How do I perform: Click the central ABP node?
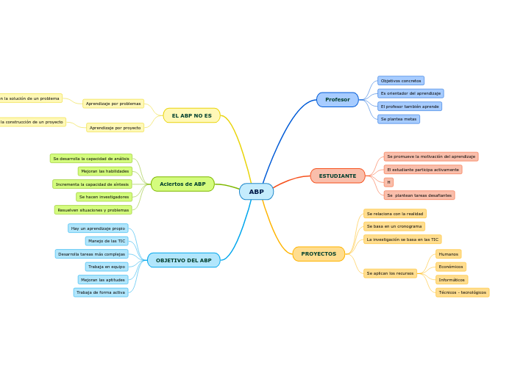[256, 192]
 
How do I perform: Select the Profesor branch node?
[338, 100]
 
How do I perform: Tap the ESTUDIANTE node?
[338, 176]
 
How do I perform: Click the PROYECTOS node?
[319, 254]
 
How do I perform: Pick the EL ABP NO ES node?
[191, 115]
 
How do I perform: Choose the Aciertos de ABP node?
[182, 184]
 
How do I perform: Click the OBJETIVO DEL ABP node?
[183, 261]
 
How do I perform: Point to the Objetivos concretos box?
[401, 81]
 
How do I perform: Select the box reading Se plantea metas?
[399, 119]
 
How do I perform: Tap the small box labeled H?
[388, 182]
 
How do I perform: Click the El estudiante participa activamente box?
[423, 170]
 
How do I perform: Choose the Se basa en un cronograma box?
[394, 226]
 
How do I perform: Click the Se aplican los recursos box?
[390, 273]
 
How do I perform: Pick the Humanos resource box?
[448, 254]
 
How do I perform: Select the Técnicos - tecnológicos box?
[462, 292]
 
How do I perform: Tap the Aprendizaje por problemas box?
[113, 104]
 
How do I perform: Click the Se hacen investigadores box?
[104, 197]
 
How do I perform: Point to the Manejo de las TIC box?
[107, 241]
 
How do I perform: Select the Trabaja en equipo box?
[107, 267]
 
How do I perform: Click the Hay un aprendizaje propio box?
[98, 228]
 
